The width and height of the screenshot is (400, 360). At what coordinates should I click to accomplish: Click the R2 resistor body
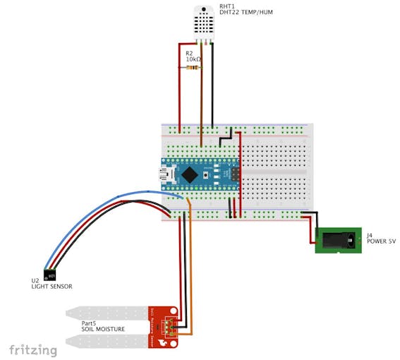(x=191, y=68)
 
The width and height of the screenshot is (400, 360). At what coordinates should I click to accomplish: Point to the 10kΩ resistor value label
(x=193, y=60)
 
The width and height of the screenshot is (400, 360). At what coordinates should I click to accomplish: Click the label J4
(x=370, y=234)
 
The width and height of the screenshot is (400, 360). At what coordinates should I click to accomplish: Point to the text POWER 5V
(x=381, y=241)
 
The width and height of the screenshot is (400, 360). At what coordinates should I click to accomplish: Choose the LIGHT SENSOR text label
(x=51, y=287)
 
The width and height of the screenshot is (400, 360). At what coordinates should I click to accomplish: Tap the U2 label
(x=35, y=280)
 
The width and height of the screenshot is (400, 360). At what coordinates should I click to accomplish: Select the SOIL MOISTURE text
(x=102, y=330)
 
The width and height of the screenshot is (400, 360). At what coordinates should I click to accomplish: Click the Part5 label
(x=90, y=323)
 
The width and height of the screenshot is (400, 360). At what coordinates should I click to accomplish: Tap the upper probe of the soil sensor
(x=106, y=311)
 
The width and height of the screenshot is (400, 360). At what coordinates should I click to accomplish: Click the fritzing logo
(x=33, y=349)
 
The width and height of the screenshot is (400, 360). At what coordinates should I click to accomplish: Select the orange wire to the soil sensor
(x=190, y=268)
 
